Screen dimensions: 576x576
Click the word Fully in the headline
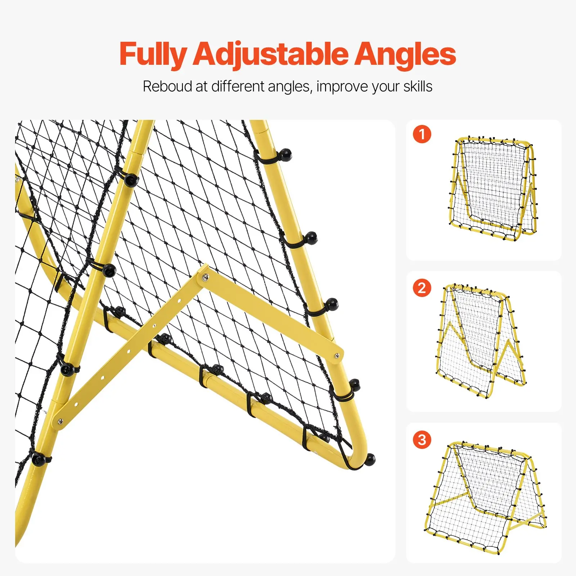click(152, 54)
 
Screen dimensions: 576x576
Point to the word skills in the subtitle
click(418, 86)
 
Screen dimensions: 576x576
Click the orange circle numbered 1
click(422, 134)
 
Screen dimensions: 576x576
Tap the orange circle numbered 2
click(422, 288)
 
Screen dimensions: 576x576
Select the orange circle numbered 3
click(422, 440)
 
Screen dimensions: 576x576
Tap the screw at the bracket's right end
click(337, 356)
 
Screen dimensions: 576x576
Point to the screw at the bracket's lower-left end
click(60, 421)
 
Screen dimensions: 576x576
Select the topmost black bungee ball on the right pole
click(285, 154)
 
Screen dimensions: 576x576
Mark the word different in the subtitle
click(238, 86)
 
